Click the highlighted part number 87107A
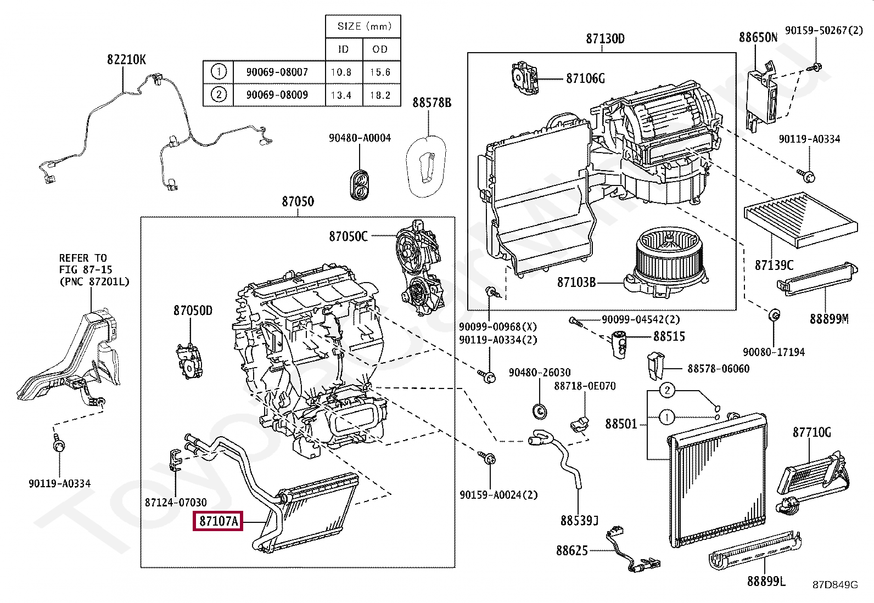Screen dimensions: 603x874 pyautogui.click(x=218, y=521)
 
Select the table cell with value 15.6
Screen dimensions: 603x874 pyautogui.click(x=380, y=72)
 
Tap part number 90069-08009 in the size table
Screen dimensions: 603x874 pyautogui.click(x=277, y=94)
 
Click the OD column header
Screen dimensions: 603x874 pyautogui.click(x=380, y=49)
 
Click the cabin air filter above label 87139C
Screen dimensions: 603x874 pyautogui.click(x=799, y=218)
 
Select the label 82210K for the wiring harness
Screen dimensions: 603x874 pyautogui.click(x=126, y=59)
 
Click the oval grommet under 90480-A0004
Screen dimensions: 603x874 pyautogui.click(x=360, y=184)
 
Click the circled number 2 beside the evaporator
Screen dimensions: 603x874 pyautogui.click(x=666, y=390)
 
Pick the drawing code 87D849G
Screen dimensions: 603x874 pyautogui.click(x=834, y=585)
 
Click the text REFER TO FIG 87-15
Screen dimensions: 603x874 pyautogui.click(x=86, y=264)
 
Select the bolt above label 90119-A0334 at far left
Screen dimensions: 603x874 pyautogui.click(x=59, y=445)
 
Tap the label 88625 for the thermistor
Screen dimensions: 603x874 pyautogui.click(x=572, y=550)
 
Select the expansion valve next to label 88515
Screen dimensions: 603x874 pyautogui.click(x=620, y=345)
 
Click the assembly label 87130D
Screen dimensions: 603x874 pyautogui.click(x=605, y=38)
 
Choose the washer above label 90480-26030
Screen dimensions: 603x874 pyautogui.click(x=540, y=410)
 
